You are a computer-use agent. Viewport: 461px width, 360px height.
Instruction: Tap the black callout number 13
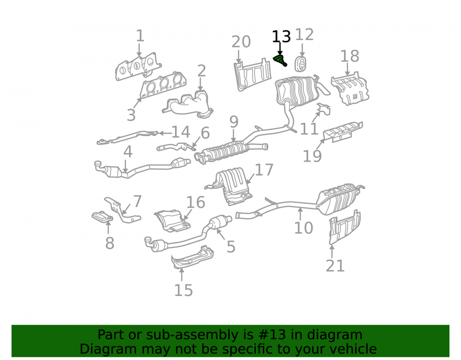[281, 37]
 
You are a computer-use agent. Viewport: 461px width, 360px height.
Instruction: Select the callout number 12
[304, 35]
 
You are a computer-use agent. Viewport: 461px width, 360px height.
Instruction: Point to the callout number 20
[241, 42]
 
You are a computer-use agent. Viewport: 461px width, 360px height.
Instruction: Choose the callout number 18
[349, 56]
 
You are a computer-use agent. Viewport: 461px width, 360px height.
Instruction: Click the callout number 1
[140, 36]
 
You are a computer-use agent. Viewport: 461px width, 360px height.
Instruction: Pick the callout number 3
[131, 115]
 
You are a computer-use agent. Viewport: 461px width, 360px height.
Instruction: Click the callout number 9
[234, 122]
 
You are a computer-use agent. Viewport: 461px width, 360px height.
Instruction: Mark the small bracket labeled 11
[324, 109]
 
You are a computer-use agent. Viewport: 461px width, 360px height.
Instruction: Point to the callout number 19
[312, 156]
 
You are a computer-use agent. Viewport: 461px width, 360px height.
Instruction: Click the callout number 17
[264, 170]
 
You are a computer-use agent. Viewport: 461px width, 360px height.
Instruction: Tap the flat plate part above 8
[102, 217]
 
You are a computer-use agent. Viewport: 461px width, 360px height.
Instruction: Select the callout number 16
[195, 202]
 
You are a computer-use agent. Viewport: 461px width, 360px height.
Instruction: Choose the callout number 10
[304, 228]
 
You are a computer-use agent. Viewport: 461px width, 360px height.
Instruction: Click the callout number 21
[335, 266]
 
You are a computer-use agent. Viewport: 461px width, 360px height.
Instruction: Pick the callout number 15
[183, 290]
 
